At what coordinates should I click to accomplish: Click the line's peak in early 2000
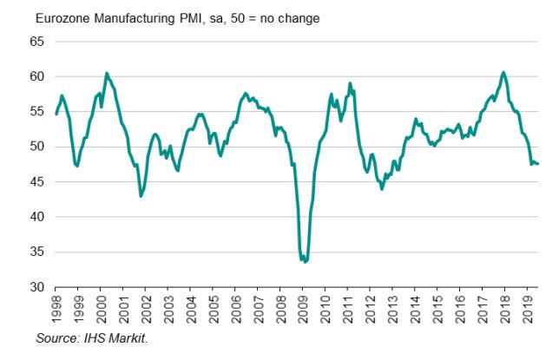tap(106, 73)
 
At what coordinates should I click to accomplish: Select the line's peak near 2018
tap(503, 72)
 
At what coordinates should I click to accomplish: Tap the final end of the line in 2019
tap(538, 164)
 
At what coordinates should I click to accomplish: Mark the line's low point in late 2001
tap(141, 196)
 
